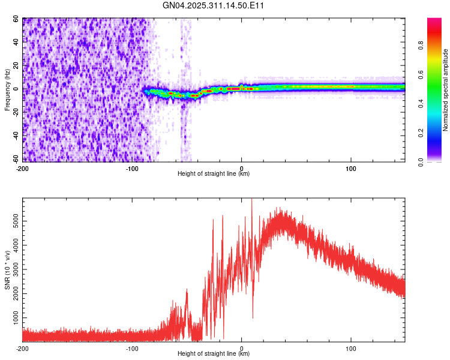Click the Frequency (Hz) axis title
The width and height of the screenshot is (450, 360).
click(7, 90)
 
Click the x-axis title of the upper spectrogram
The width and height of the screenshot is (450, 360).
click(214, 173)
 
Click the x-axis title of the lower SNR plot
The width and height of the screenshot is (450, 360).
click(214, 353)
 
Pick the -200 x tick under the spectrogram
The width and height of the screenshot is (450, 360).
click(23, 168)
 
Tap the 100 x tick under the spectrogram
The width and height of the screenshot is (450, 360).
click(351, 168)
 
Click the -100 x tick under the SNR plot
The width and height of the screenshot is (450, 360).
click(132, 348)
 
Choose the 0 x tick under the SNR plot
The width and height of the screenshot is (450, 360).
click(242, 348)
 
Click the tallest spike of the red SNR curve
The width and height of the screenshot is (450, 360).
click(251, 200)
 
